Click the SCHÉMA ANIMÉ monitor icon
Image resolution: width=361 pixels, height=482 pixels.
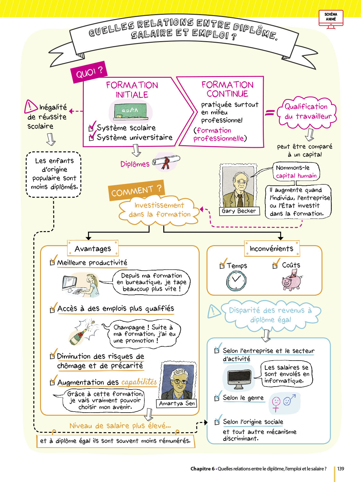tap(331, 19)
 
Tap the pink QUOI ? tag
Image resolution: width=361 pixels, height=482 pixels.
tap(89, 72)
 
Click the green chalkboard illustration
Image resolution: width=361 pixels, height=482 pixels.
tap(130, 111)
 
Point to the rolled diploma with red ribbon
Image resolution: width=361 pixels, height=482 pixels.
tap(166, 161)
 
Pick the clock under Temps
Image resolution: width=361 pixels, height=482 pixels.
tap(236, 281)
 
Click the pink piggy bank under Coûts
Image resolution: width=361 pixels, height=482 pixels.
tap(292, 281)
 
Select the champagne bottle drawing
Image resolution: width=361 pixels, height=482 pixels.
tap(81, 333)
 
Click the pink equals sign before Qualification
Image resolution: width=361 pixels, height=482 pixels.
tap(270, 112)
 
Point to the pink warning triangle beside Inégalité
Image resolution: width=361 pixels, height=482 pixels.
tap(31, 106)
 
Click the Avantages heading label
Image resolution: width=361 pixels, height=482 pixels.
tap(93, 248)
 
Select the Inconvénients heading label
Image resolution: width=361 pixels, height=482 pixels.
tap(271, 248)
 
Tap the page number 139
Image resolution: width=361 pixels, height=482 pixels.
tap(340, 469)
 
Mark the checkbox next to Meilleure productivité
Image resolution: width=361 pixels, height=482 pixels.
tap(52, 263)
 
